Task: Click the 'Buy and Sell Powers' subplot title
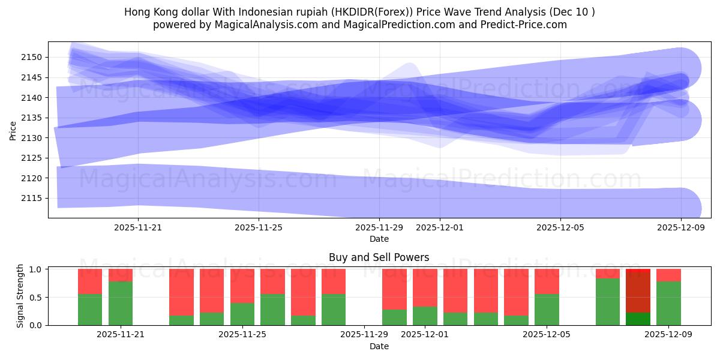click(379, 257)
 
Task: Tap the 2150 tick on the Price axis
click(34, 58)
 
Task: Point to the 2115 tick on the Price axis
click(34, 198)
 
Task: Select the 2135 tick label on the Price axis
click(34, 118)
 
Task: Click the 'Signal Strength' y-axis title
click(20, 296)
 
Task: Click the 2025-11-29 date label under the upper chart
click(379, 227)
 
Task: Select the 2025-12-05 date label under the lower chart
click(547, 334)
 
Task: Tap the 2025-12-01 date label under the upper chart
click(439, 227)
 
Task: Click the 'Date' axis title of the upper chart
click(379, 239)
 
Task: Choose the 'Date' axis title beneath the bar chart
click(379, 346)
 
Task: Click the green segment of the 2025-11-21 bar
click(121, 303)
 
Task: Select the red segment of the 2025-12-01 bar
click(425, 287)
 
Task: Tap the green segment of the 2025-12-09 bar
click(668, 303)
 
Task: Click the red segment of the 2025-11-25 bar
click(242, 286)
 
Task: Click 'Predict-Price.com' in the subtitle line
click(526, 25)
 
